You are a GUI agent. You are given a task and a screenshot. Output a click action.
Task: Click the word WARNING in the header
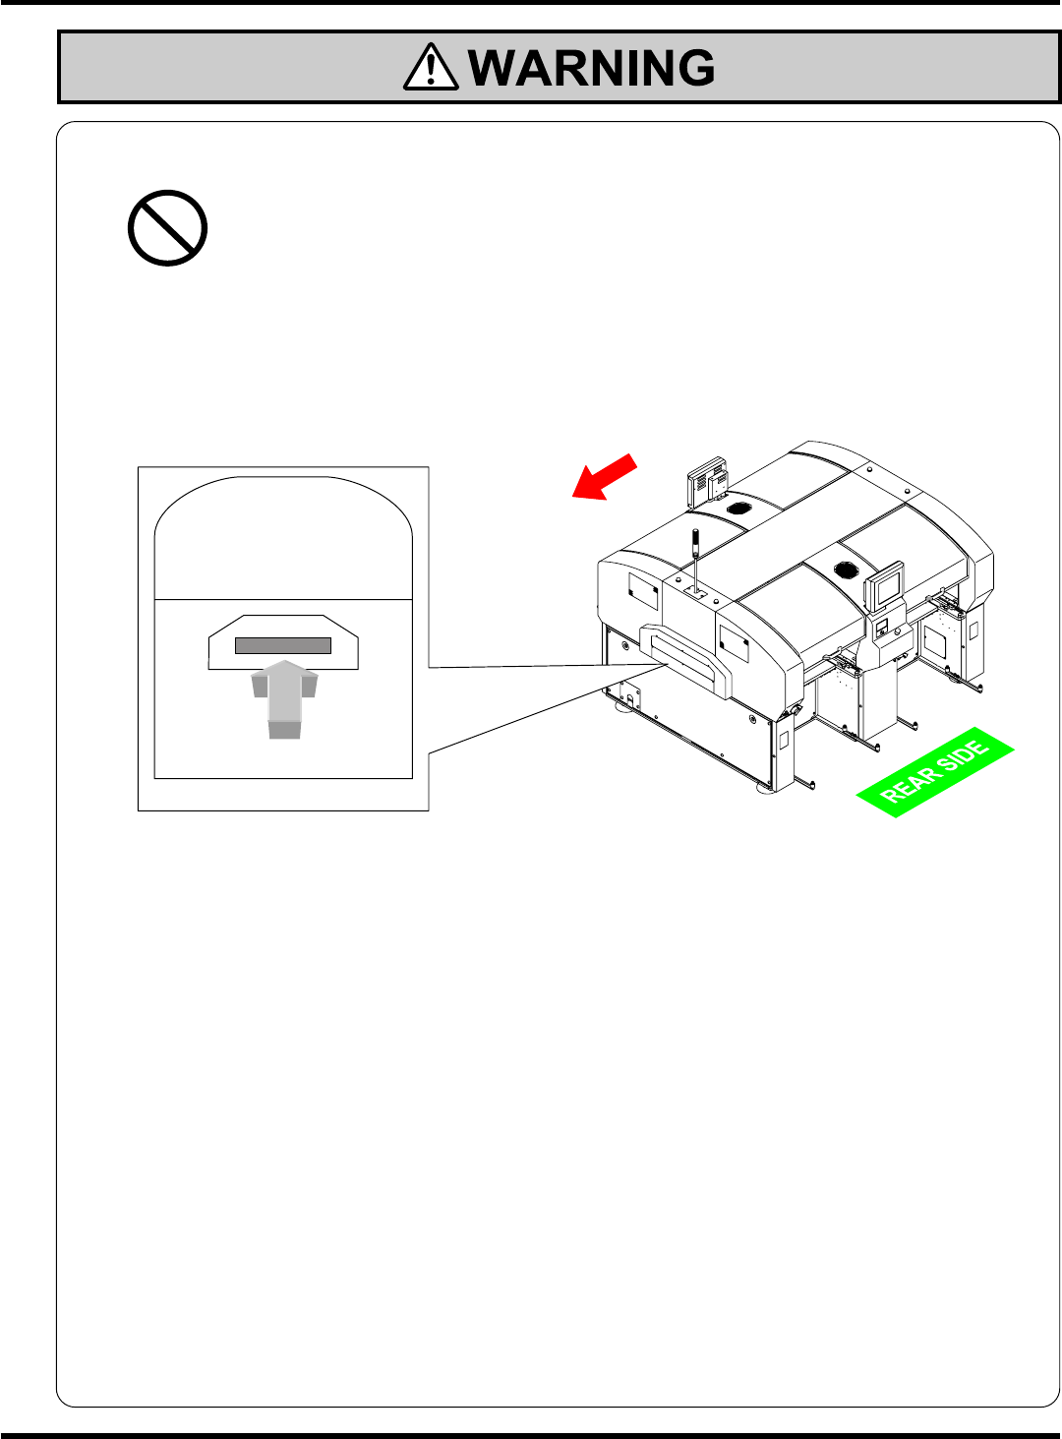click(592, 68)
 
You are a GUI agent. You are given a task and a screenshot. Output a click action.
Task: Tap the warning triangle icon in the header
click(430, 69)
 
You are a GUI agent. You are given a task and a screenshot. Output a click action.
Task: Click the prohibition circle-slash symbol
click(167, 228)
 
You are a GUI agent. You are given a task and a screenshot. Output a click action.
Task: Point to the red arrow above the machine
click(605, 477)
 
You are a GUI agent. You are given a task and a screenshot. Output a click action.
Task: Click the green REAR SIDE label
click(934, 773)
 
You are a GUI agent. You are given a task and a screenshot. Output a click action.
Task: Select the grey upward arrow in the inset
click(284, 697)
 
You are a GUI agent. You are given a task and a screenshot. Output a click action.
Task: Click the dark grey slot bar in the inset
click(283, 646)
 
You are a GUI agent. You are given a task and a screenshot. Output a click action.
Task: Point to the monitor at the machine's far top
click(707, 481)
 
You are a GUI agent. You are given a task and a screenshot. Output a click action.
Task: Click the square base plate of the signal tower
click(695, 593)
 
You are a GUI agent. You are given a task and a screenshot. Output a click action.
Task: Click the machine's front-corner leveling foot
click(764, 790)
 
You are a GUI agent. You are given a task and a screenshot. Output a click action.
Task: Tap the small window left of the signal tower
click(642, 591)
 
